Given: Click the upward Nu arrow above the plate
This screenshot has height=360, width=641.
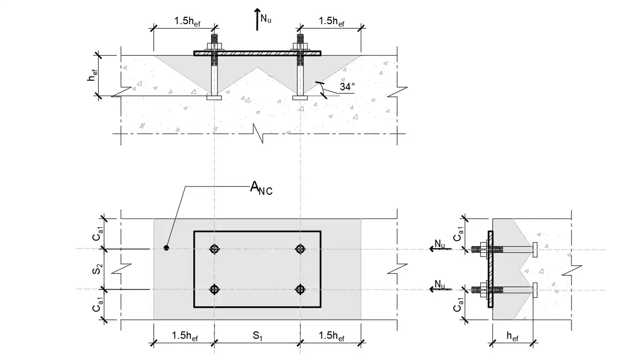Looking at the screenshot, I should [257, 20].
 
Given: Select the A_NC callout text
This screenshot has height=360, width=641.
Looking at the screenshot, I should [261, 188].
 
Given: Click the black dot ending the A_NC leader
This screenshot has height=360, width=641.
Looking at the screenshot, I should [167, 248].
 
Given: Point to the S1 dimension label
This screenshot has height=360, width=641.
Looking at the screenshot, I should [257, 336].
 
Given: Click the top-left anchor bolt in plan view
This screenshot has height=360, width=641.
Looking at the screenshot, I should [214, 249].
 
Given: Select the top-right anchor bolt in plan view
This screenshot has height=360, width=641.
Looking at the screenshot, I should [300, 249].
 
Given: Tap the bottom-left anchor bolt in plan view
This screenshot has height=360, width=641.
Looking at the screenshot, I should [214, 289].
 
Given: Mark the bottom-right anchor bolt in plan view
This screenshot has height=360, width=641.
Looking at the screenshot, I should [300, 289].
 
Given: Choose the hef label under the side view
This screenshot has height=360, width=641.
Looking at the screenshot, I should [513, 336].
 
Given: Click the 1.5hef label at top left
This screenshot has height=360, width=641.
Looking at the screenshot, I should [187, 21].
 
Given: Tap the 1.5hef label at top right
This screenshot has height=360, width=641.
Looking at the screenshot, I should [331, 21].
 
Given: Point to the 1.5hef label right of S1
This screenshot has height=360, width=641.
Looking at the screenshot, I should [331, 336].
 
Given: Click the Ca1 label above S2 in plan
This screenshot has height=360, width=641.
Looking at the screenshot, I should [98, 234].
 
